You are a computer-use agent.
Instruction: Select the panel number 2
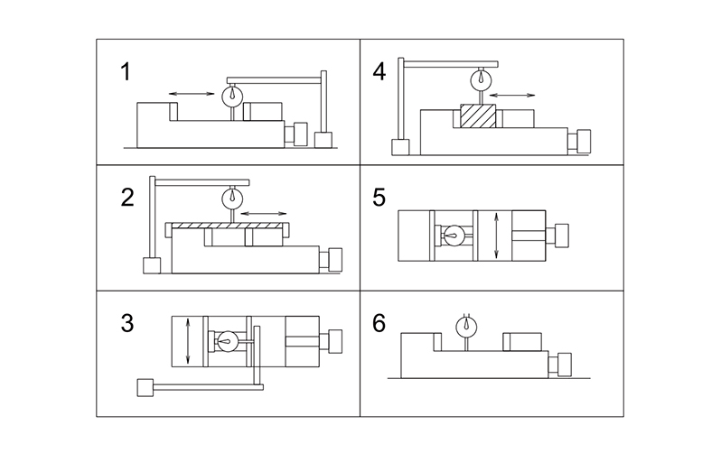(x=128, y=198)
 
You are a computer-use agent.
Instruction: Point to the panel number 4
(x=379, y=70)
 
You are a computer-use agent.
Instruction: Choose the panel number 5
(x=379, y=198)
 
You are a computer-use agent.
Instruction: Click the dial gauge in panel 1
(x=232, y=93)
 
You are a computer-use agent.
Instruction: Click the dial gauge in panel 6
(x=466, y=327)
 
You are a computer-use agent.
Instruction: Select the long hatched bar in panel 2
(x=227, y=225)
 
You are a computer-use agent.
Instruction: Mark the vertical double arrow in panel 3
(x=187, y=340)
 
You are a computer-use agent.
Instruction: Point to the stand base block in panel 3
(x=144, y=387)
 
